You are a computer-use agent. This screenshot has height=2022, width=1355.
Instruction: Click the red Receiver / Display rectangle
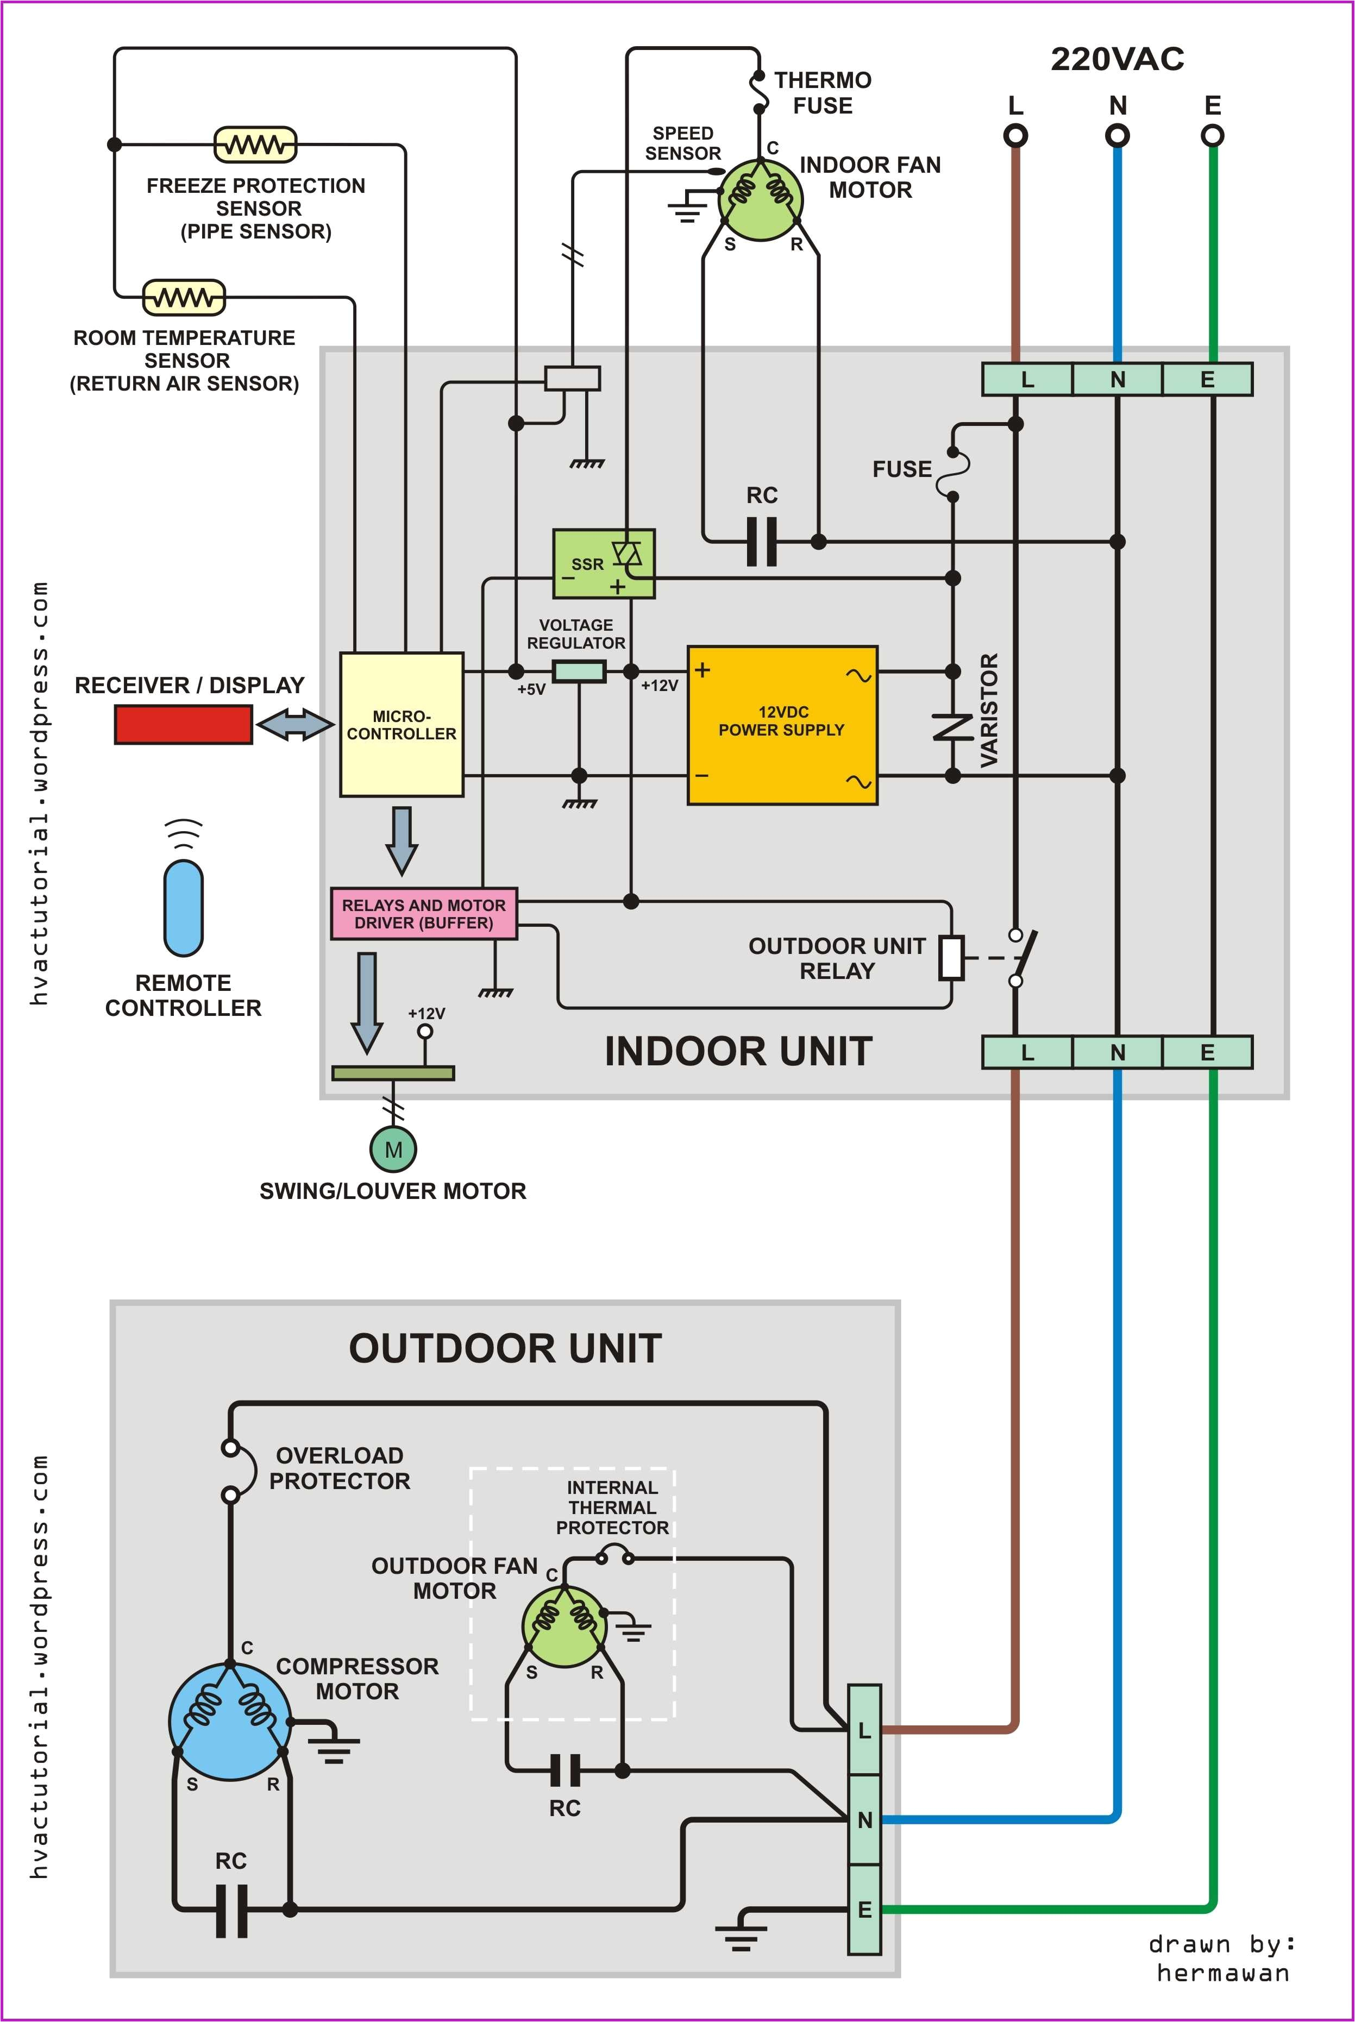tap(183, 724)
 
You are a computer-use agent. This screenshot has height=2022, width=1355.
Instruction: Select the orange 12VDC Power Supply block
tap(782, 725)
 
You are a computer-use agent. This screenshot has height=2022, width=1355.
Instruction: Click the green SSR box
tap(603, 563)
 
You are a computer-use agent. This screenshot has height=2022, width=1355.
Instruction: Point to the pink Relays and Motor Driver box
tap(423, 913)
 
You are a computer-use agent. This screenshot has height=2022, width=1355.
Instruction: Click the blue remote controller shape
tap(183, 907)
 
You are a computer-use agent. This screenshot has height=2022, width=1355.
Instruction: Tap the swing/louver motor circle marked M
tap(393, 1149)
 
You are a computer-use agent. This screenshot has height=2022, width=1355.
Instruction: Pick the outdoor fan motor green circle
tap(564, 1627)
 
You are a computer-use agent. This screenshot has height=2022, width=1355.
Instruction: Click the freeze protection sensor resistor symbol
tap(255, 145)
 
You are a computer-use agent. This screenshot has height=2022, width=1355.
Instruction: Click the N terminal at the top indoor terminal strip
tap(1118, 379)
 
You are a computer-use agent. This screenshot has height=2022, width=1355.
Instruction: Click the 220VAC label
tap(1116, 59)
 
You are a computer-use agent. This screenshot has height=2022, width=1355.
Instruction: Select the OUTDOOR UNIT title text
tap(505, 1348)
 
